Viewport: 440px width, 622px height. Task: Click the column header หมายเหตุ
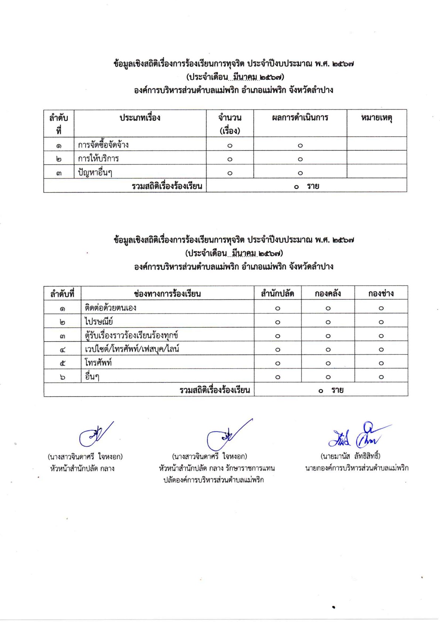[376, 118]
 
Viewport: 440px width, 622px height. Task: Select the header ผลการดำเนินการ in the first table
[300, 118]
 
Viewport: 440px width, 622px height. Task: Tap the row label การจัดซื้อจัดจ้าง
[103, 145]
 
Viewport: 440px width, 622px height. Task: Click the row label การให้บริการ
[98, 159]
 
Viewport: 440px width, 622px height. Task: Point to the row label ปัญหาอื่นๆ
[95, 172]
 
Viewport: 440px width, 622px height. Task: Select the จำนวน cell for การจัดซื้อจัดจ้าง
[230, 145]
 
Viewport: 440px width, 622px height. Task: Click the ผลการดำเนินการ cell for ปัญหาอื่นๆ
[300, 173]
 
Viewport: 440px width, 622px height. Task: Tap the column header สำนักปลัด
[277, 294]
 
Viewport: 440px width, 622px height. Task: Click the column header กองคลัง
[328, 294]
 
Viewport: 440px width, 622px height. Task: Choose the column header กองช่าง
[381, 294]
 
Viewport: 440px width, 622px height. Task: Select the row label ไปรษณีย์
[99, 321]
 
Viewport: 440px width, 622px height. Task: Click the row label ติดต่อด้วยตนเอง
[110, 308]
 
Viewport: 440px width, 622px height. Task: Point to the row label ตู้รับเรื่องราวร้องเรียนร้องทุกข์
[131, 335]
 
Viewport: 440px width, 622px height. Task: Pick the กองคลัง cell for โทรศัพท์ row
[328, 363]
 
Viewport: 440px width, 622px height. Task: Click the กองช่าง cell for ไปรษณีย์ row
[381, 322]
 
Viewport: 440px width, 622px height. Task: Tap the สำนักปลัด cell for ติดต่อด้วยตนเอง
[277, 308]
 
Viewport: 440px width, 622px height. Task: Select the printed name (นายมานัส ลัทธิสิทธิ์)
[350, 456]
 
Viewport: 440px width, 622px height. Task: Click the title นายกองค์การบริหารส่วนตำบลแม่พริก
[357, 468]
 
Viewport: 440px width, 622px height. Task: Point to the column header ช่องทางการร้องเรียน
[167, 294]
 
